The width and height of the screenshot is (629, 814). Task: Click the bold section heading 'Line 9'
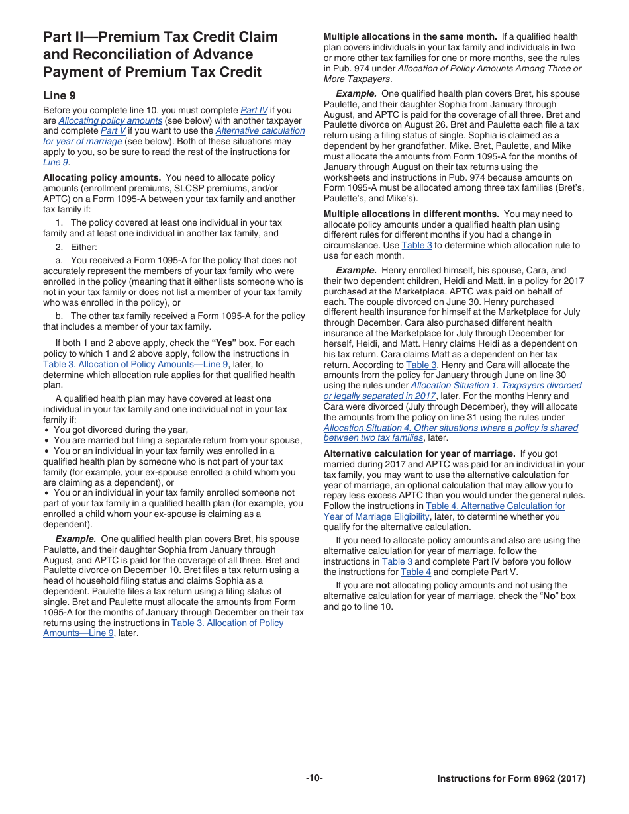point(59,95)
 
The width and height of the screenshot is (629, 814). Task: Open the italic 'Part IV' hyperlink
point(254,110)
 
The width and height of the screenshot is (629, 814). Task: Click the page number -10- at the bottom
point(314,778)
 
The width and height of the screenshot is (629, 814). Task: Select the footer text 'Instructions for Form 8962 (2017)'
point(511,779)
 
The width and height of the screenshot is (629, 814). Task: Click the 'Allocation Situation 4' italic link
point(450,428)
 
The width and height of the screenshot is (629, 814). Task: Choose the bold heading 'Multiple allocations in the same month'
point(410,37)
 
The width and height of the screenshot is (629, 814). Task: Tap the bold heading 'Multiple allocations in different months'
point(411,214)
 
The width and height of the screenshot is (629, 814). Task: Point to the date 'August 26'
point(418,125)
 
